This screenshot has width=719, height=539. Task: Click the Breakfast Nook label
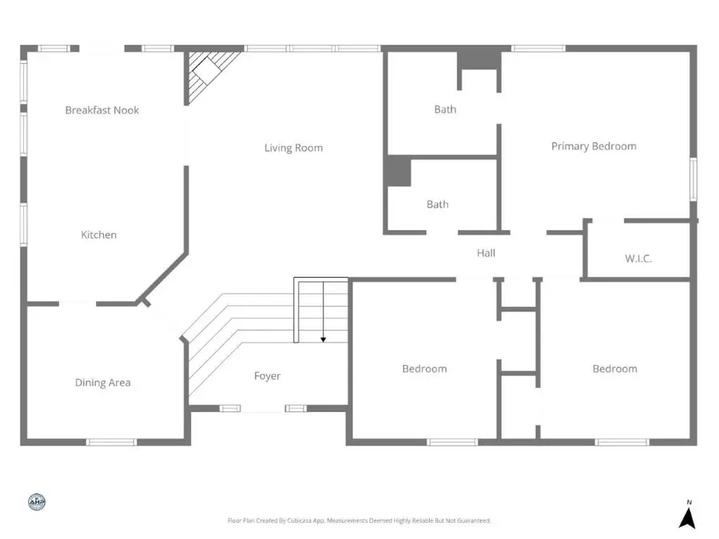(x=102, y=110)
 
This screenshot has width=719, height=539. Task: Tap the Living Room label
(x=294, y=148)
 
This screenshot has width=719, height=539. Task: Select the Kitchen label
(x=99, y=235)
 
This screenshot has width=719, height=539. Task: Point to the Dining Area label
(x=102, y=382)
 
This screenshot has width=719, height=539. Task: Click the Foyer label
(x=268, y=376)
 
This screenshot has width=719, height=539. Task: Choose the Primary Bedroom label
(x=594, y=146)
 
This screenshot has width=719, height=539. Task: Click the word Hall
(x=486, y=253)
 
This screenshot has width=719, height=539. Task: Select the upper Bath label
(x=445, y=109)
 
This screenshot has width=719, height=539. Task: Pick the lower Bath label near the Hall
(x=437, y=204)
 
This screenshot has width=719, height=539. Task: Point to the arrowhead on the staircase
(x=324, y=339)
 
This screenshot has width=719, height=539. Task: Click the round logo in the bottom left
(x=37, y=502)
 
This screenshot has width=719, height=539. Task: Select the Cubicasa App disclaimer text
(x=359, y=521)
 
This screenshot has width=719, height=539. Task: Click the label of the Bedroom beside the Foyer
(x=424, y=369)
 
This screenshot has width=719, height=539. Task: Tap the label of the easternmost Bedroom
(x=614, y=369)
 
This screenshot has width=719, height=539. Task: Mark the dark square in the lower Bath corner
(x=398, y=172)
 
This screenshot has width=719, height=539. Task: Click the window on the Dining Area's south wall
(x=111, y=442)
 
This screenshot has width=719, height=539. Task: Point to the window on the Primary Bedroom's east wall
(x=693, y=179)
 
